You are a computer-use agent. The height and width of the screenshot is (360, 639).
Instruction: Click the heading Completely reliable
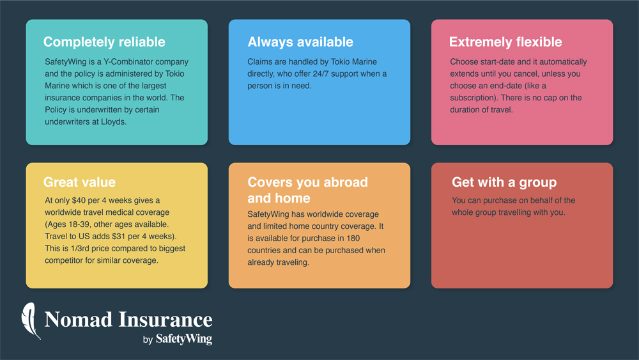coord(104,42)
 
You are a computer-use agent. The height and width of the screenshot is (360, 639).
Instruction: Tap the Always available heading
coord(300,42)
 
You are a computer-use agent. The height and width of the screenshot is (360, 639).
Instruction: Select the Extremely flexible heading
coord(505,42)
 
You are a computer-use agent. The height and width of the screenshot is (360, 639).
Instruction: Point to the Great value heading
coord(79,182)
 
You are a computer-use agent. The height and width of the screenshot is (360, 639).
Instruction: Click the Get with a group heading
coord(504,182)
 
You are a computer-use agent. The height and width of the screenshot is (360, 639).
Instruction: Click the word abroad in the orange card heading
coord(345,182)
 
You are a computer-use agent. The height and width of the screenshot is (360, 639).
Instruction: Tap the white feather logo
coord(31,321)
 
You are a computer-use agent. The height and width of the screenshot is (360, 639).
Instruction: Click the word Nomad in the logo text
coord(78,319)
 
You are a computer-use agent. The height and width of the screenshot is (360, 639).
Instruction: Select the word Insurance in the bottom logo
coord(166,319)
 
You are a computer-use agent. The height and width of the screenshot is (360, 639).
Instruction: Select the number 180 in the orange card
coord(353,238)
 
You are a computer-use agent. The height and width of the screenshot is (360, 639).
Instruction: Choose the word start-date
coord(498,61)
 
